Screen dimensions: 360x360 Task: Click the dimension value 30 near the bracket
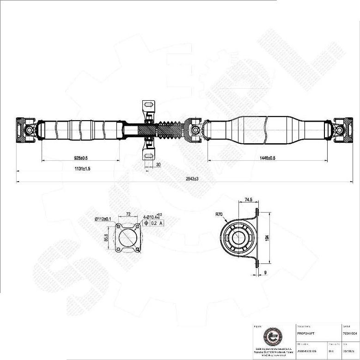coord(159,164)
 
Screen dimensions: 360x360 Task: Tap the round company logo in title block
coord(271,336)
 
